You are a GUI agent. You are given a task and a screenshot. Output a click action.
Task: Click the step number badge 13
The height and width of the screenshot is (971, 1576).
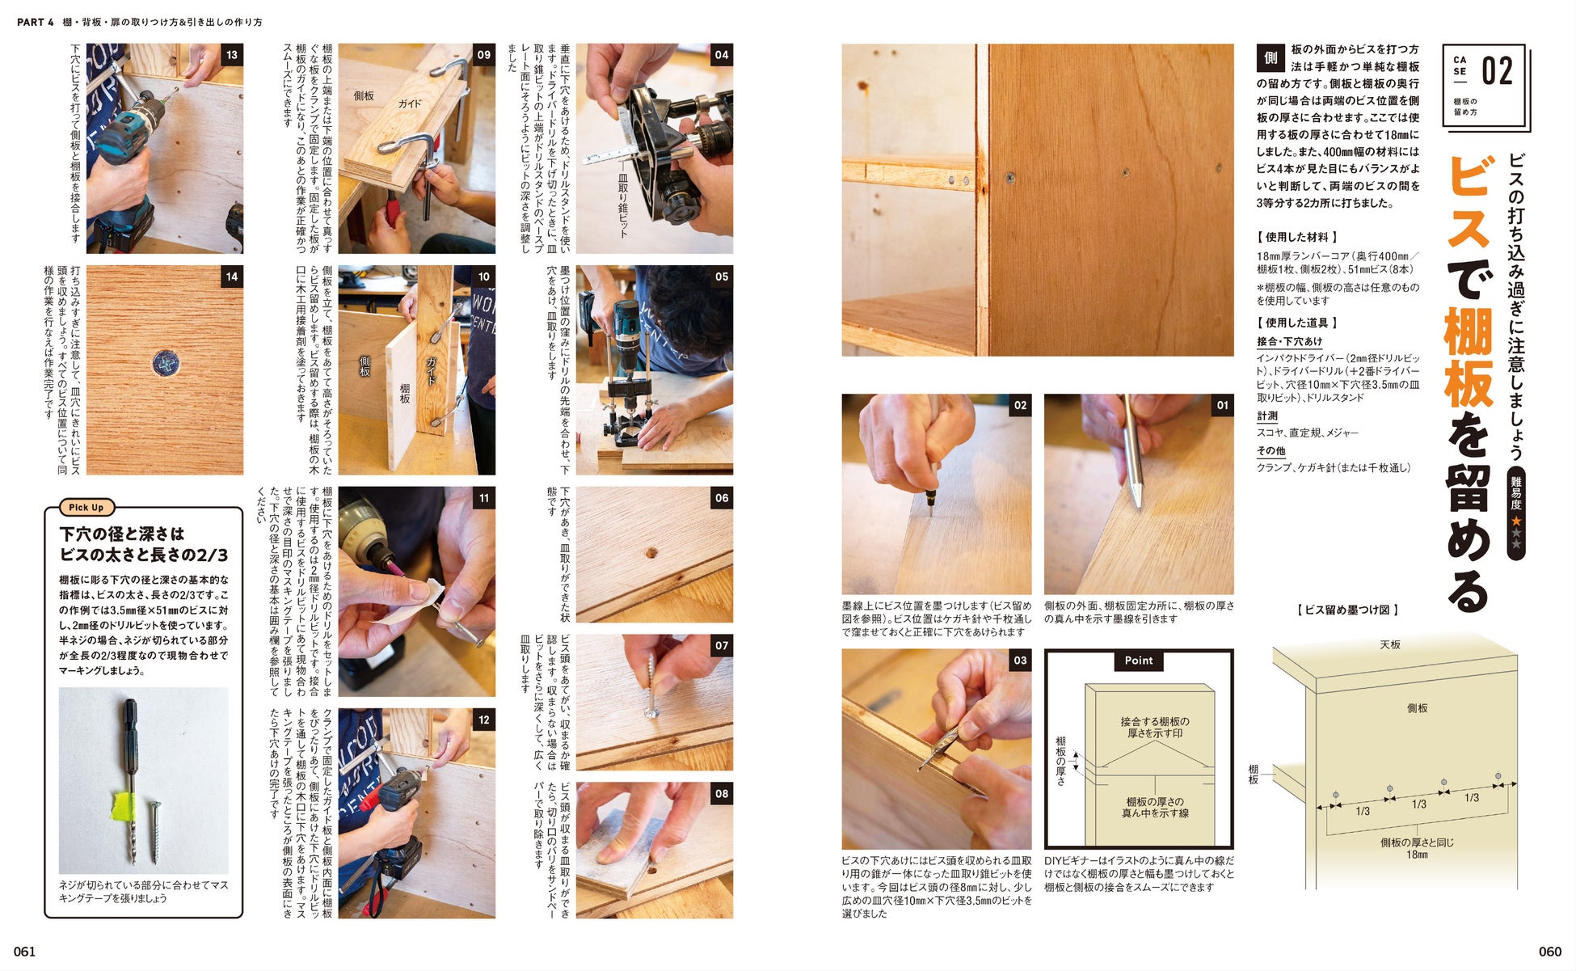pos(232,55)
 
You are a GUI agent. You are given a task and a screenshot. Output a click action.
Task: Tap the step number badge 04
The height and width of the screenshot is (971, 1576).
pos(722,55)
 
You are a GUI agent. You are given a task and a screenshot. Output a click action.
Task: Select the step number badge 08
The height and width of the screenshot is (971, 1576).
pos(722,793)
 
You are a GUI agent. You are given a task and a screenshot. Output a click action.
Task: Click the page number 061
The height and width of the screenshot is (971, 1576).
pos(25,952)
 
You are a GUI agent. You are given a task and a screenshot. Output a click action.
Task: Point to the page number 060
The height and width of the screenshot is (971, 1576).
pos(1550,952)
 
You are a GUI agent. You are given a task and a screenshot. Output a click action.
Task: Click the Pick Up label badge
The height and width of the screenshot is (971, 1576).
pos(86,508)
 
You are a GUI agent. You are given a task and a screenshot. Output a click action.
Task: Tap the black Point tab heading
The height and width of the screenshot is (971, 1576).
pos(1139,661)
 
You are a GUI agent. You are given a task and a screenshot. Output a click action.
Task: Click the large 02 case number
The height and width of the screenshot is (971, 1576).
pos(1497,72)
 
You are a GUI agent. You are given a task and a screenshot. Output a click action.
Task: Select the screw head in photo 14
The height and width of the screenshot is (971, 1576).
pos(165,364)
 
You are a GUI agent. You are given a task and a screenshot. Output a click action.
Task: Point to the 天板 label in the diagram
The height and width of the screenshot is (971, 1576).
pos(1389,644)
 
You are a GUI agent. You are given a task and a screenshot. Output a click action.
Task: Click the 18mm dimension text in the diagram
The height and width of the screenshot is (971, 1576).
pos(1416,855)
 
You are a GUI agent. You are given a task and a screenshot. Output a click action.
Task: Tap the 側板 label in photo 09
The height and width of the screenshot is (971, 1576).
pos(364,95)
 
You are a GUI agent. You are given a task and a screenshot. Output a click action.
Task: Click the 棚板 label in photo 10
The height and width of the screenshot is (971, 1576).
pos(404,394)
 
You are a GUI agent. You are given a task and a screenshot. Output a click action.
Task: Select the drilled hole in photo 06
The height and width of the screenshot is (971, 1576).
pos(651,554)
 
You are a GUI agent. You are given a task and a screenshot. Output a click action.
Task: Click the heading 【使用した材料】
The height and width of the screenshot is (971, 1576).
pos(1296,237)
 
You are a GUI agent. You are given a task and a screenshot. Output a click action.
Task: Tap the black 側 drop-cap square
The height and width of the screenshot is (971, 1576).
pos(1270,57)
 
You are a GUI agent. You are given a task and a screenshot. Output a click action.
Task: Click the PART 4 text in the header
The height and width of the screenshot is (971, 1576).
pos(36,23)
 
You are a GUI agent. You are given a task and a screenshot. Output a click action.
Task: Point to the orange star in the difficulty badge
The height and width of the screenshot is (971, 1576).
pos(1515,521)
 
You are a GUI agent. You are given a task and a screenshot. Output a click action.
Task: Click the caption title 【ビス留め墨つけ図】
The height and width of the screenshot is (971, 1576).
pos(1346,610)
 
